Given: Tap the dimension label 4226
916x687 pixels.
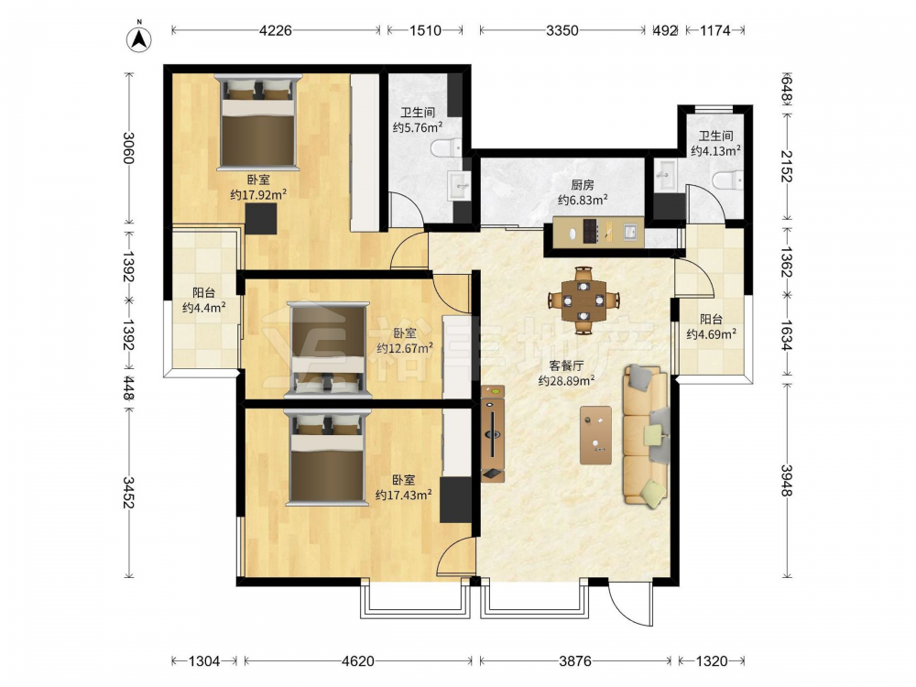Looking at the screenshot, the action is (275, 30).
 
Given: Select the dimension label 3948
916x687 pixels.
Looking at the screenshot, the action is (786, 480).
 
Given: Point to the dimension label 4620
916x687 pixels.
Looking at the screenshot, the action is (357, 660).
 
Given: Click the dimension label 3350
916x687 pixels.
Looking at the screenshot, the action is (562, 30).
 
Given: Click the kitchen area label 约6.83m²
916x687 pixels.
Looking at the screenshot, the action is (583, 200).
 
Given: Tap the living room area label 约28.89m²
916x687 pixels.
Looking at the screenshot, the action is (566, 380).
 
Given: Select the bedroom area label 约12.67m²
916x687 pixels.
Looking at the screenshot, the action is (405, 348).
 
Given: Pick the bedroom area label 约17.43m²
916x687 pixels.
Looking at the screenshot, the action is (404, 495).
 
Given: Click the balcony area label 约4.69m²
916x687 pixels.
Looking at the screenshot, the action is (711, 334).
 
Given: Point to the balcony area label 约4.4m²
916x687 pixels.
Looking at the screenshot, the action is (204, 307).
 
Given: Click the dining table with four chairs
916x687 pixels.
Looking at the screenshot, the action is (583, 300).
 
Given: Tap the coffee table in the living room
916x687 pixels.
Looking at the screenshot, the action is (596, 435).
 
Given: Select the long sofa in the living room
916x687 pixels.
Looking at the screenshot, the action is (646, 435).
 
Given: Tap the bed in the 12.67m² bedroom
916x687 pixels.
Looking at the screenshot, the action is (328, 349).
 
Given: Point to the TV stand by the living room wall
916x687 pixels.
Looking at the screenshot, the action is (493, 433).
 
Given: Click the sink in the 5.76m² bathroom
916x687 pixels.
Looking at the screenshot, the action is (459, 186).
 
